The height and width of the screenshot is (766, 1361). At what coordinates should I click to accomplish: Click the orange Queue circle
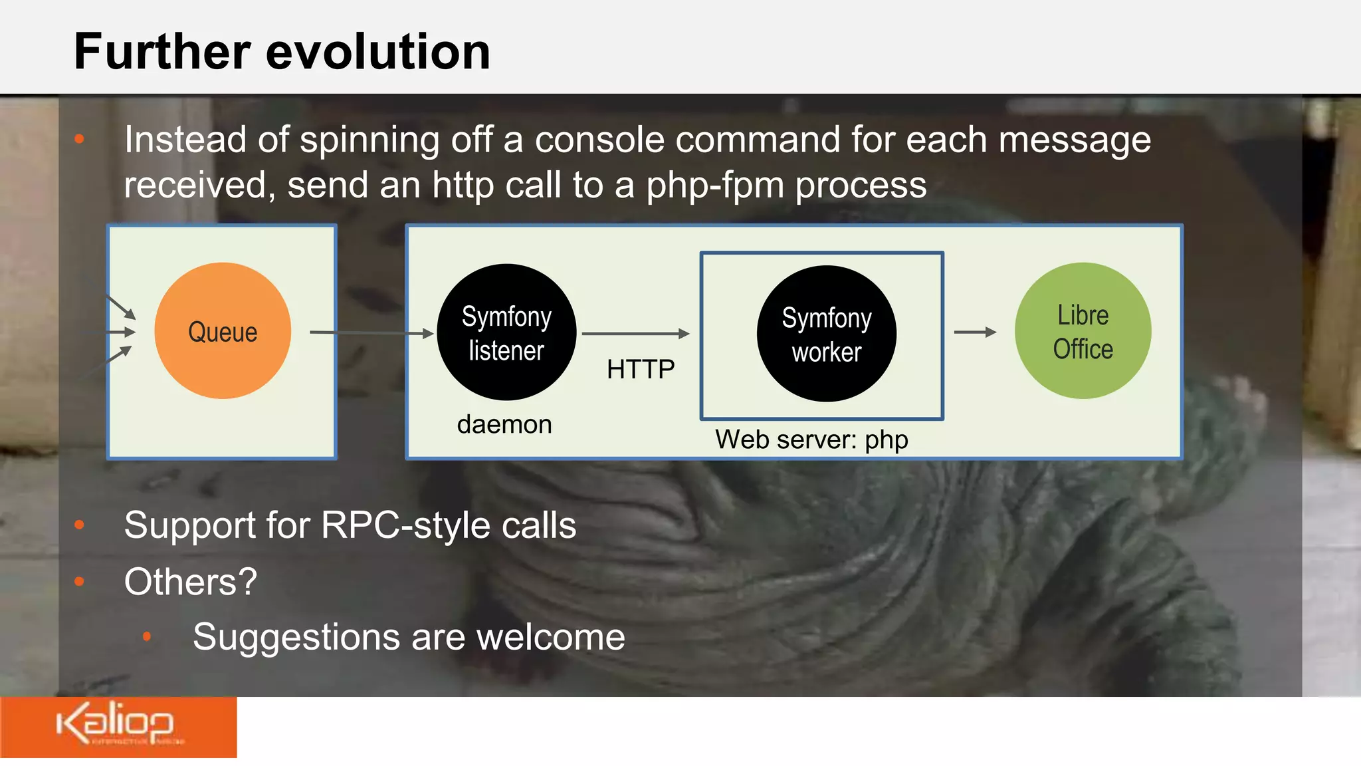pos(223,331)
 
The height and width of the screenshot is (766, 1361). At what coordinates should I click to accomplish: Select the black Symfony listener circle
pos(506,332)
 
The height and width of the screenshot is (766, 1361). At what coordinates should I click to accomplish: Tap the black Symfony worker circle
pos(826,334)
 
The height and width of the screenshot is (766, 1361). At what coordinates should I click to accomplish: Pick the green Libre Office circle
pos(1083,331)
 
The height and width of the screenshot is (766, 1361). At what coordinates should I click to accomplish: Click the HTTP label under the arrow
pos(641,369)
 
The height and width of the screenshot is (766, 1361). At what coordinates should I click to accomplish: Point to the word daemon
pos(504,424)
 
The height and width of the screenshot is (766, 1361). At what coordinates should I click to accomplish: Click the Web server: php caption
pos(811,440)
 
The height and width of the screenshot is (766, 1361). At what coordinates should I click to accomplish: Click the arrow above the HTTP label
pos(635,333)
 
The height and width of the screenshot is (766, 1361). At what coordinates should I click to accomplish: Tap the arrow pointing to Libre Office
pos(975,332)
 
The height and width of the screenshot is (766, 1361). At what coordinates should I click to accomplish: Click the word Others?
pos(190,582)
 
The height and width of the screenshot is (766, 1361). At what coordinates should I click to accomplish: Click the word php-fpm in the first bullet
pos(715,185)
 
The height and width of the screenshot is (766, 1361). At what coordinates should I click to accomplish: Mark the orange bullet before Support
pos(80,525)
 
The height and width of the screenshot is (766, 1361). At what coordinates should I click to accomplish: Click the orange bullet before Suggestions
pos(147,636)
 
